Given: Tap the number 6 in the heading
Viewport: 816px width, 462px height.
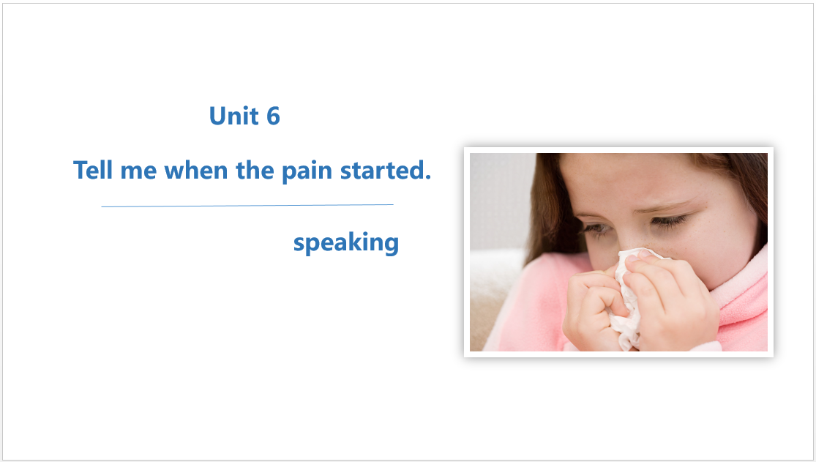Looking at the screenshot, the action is click(273, 116).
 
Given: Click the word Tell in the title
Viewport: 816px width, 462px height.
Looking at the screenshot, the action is click(93, 170).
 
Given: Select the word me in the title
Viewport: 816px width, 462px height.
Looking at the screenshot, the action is click(138, 172).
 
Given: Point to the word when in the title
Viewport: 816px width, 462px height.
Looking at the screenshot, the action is click(195, 170).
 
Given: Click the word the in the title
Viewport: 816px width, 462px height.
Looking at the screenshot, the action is click(255, 170).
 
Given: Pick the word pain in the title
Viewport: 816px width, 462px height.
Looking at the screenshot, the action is click(307, 172).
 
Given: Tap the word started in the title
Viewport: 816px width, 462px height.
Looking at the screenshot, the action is click(382, 170).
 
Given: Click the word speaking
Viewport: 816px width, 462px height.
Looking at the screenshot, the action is click(346, 243).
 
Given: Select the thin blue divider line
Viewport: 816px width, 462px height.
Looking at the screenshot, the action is click(247, 206).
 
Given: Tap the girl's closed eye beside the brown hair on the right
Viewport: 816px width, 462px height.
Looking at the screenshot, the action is click(670, 221).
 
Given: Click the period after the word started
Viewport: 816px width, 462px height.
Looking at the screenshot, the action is click(428, 177).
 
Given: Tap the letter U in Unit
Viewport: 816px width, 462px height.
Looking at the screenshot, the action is click(217, 116).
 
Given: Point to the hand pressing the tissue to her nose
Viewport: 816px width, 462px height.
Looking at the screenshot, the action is click(671, 297).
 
